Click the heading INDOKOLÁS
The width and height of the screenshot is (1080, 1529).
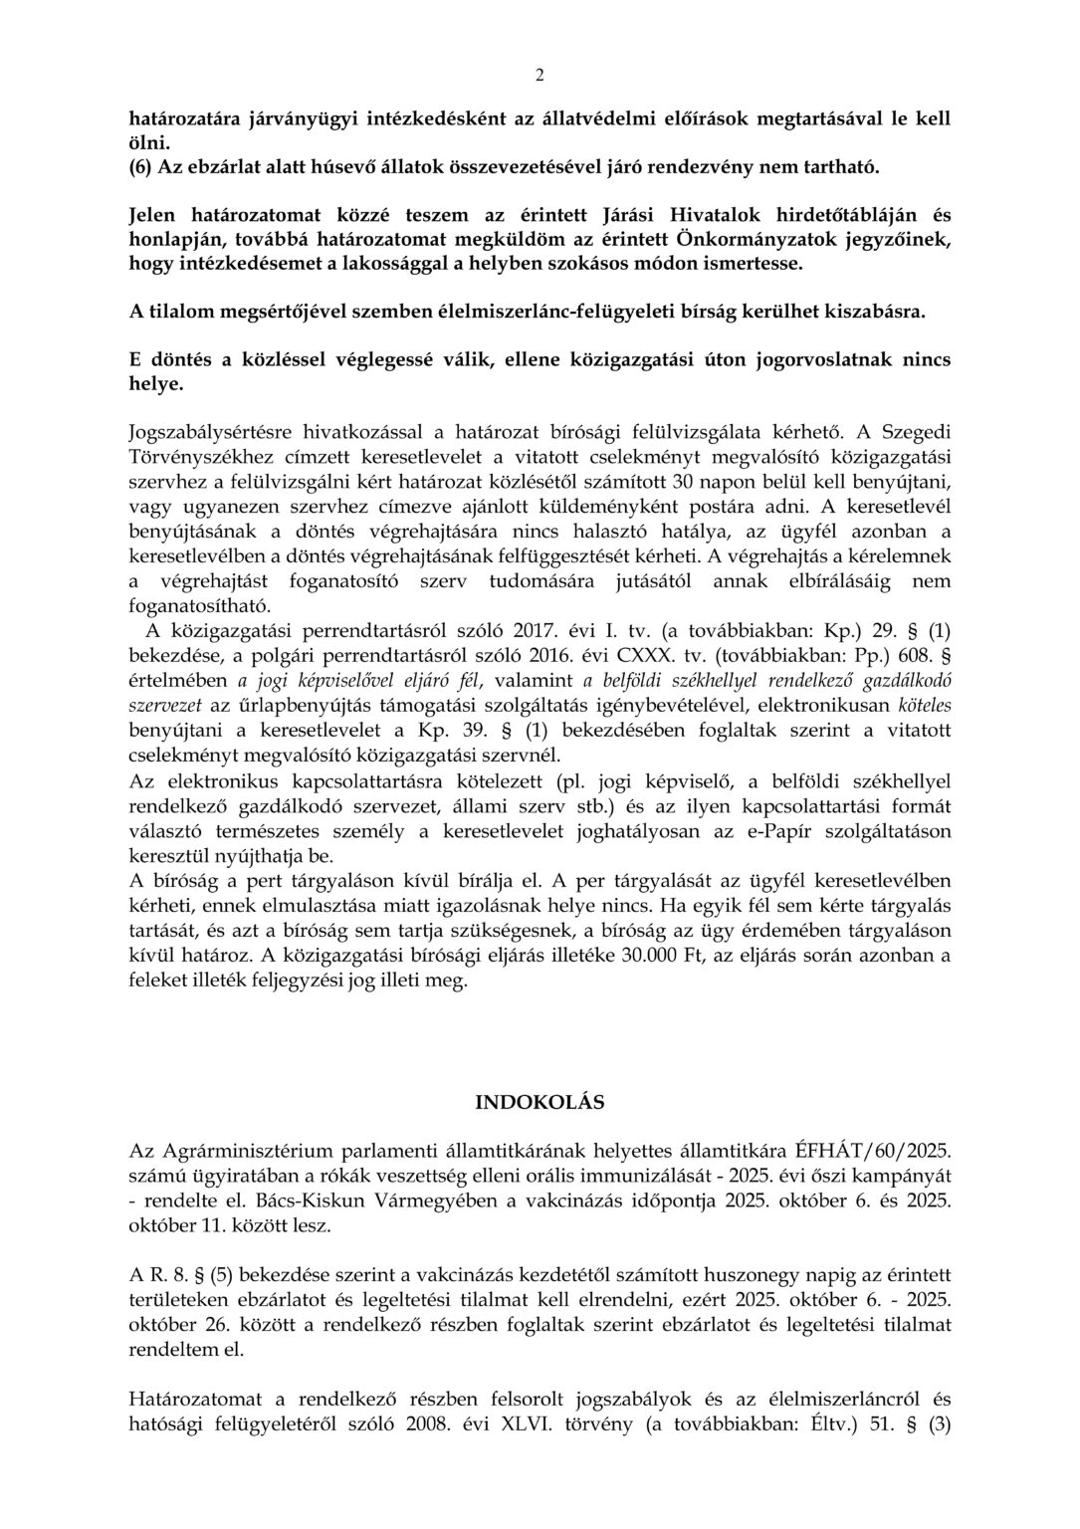(x=540, y=1102)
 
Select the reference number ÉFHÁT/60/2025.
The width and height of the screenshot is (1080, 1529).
(x=877, y=1149)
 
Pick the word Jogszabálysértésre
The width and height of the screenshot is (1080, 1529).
(x=213, y=432)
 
